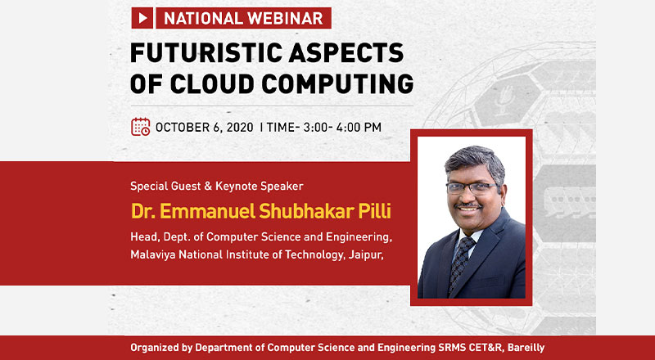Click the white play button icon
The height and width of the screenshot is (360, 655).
click(x=142, y=18)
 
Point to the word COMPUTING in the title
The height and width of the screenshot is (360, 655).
click(x=337, y=83)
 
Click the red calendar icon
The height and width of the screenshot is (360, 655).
click(x=140, y=127)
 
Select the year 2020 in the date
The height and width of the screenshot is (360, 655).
click(x=240, y=128)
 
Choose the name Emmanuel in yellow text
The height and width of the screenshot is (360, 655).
click(x=208, y=211)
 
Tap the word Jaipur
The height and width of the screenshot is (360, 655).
click(x=366, y=254)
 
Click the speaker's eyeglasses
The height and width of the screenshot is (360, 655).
click(x=472, y=188)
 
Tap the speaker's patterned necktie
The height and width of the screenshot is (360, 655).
click(x=462, y=264)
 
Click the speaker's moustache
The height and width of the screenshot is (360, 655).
click(x=468, y=205)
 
